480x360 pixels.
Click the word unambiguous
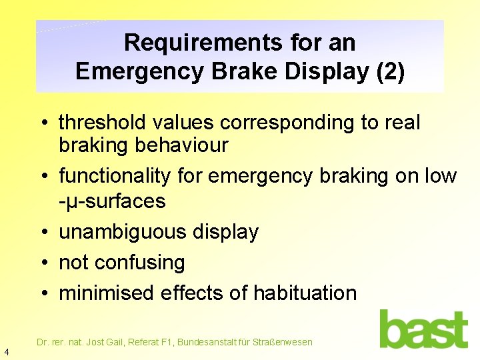[x=123, y=232]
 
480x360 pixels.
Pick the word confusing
[x=140, y=263]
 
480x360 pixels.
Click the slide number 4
[x=6, y=351]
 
